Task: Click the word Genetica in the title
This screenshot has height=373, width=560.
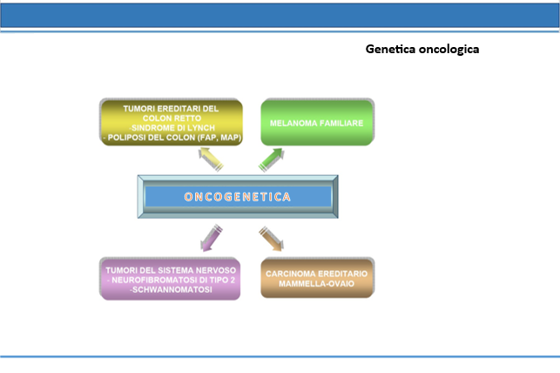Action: click(391, 49)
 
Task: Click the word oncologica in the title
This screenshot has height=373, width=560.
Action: click(449, 50)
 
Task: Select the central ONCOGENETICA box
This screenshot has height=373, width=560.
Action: click(238, 196)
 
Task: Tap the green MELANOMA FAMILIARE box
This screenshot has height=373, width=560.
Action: click(318, 123)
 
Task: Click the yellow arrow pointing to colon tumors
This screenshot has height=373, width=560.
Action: click(211, 159)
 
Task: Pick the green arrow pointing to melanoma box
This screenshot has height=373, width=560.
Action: click(272, 159)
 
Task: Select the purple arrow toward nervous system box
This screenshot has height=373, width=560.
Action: click(212, 238)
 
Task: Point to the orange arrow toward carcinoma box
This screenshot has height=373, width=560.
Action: click(272, 238)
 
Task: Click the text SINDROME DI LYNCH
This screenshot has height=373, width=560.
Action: click(172, 128)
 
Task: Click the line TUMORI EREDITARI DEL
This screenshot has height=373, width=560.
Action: click(171, 109)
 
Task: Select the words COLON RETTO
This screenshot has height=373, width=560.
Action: click(172, 119)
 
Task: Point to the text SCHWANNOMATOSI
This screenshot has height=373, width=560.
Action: click(172, 289)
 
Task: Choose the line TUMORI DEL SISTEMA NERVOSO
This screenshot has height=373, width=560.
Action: click(171, 270)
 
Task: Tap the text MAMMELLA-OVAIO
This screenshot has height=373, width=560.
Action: click(316, 284)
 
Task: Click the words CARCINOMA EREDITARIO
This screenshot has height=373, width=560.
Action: click(316, 274)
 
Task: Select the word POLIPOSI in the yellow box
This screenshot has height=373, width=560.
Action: click(125, 138)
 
